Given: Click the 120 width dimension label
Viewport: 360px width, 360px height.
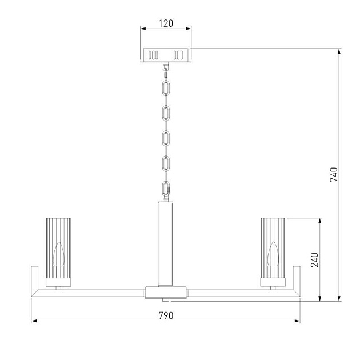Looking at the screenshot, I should pos(166,24).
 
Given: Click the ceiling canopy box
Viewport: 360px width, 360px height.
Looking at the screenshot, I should pos(166,55).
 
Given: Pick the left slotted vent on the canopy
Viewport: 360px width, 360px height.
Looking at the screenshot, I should pos(153,55).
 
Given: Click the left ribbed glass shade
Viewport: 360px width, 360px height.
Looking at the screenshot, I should pos(58,250).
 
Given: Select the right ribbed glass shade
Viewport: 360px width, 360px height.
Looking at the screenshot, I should pos(273,250).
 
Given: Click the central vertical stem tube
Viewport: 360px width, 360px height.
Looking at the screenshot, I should pos(166,243).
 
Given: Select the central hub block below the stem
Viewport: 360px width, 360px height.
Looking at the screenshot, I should pos(166,292).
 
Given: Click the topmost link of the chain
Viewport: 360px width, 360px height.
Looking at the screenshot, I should pos(166,88).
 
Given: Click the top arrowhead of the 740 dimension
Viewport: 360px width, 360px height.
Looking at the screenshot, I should pos(340,51).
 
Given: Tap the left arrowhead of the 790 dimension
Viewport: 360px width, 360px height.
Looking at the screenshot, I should pos(33,321).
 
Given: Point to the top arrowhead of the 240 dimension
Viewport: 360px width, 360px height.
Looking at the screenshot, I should pos(321,221).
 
